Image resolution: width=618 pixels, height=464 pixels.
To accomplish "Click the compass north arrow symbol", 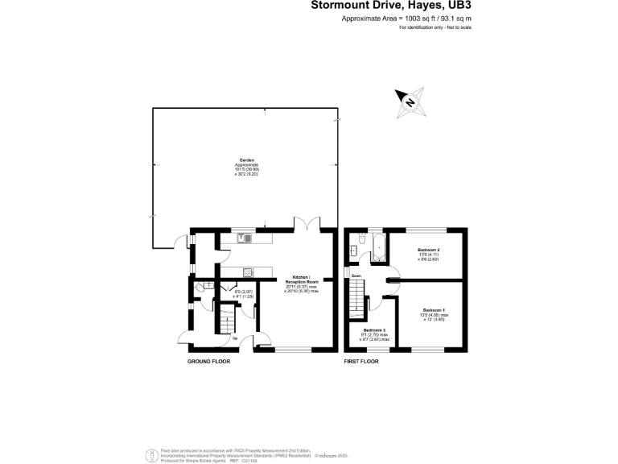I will tap(410, 101).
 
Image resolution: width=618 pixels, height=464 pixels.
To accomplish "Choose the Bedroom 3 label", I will tap(374, 331).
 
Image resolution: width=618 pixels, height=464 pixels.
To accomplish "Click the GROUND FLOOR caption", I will tap(208, 362).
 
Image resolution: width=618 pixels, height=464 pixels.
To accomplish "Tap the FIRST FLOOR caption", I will tap(360, 362).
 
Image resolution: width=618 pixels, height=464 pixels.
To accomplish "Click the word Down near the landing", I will tap(356, 276).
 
